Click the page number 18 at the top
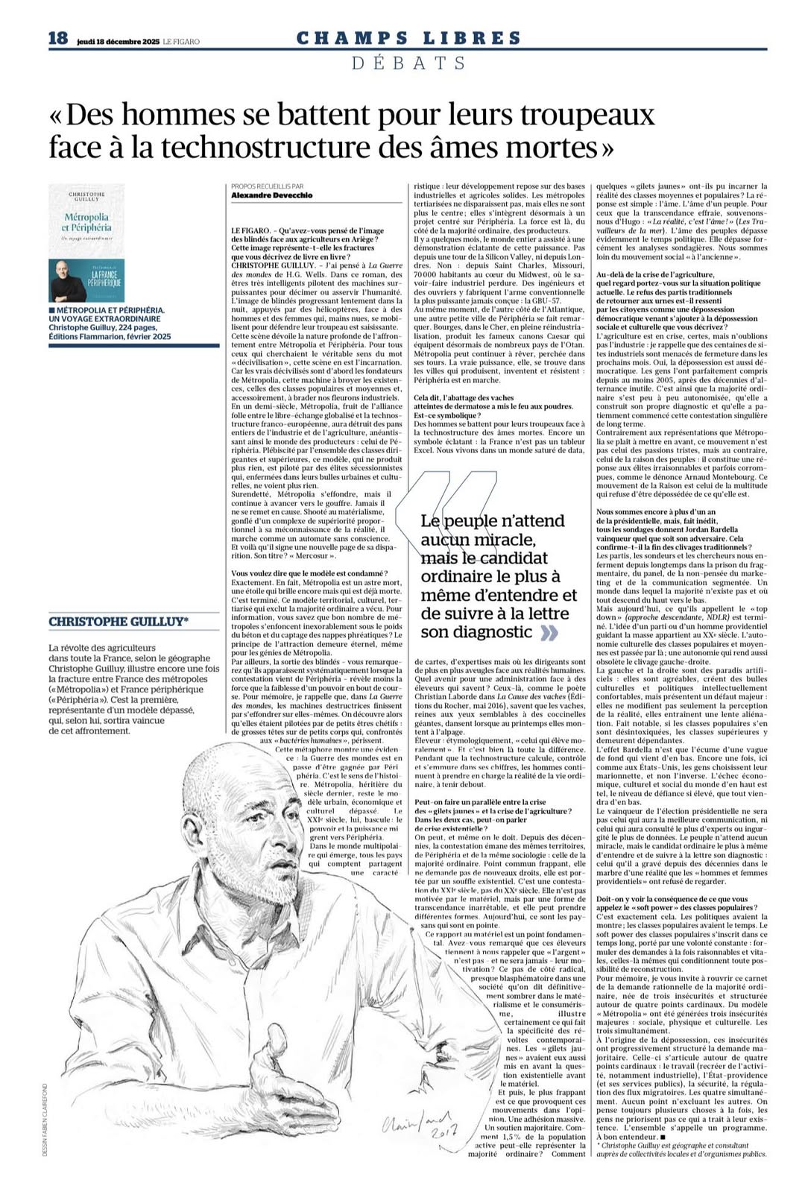click(58, 38)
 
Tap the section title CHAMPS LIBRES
click(408, 38)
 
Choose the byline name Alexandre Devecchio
click(271, 195)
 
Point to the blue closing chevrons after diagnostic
click(549, 633)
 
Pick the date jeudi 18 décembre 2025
click(118, 42)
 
